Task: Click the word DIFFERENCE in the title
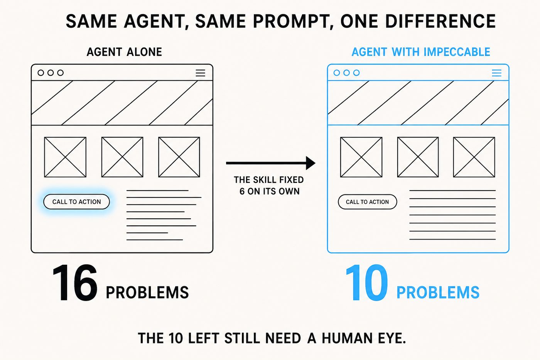440,21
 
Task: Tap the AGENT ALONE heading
124,52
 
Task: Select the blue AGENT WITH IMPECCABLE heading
421,52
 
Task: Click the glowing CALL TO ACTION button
77,201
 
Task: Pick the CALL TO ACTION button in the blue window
367,202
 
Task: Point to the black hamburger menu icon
200,73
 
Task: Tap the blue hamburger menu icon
497,73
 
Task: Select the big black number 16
75,282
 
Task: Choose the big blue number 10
367,282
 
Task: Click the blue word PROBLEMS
438,292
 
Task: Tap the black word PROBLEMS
147,292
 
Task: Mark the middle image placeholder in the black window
122,157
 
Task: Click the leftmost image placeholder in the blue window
361,157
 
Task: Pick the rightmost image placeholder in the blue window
474,157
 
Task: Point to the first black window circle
41,73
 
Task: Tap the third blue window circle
356,73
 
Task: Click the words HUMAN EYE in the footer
364,338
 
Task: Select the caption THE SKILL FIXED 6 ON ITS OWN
269,186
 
